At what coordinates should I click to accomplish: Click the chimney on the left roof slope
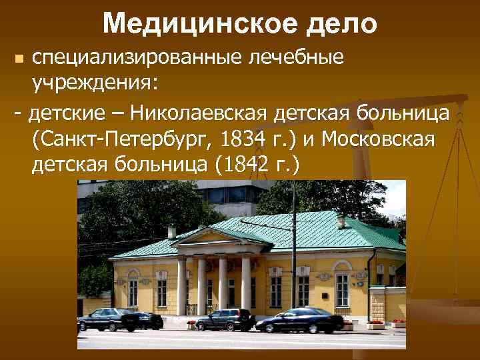[x=172, y=231]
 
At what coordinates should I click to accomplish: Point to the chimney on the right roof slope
[x=341, y=221]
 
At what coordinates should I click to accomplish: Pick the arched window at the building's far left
[x=133, y=287]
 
